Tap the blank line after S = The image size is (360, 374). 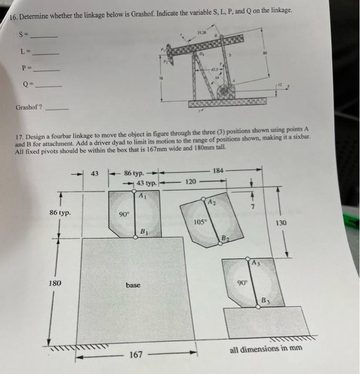pyautogui.click(x=44, y=36)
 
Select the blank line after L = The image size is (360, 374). pyautogui.click(x=45, y=53)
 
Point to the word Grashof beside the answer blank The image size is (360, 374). pyautogui.click(x=26, y=106)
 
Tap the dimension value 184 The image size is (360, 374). pyautogui.click(x=219, y=170)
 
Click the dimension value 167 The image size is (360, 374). pyautogui.click(x=136, y=354)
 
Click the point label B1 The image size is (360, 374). pyautogui.click(x=144, y=231)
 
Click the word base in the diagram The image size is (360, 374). pyautogui.click(x=134, y=285)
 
